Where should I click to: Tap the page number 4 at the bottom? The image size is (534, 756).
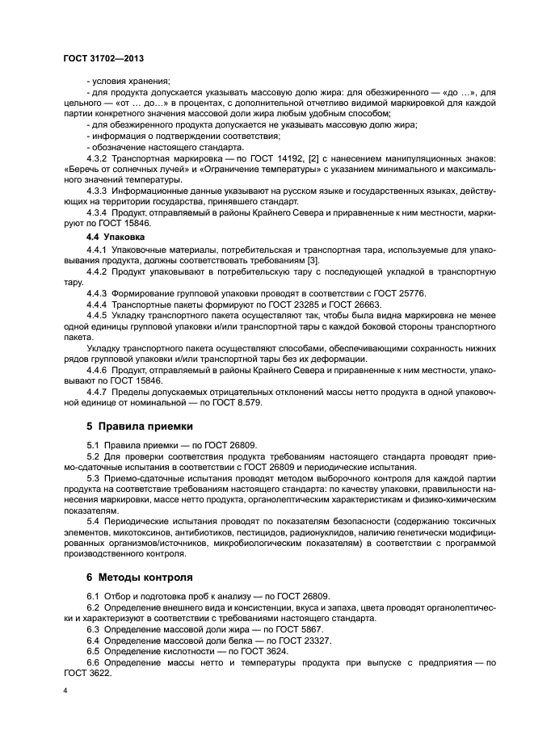(x=65, y=691)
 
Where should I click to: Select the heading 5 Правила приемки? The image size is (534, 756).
(x=139, y=426)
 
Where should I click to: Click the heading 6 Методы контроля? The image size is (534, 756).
(x=140, y=577)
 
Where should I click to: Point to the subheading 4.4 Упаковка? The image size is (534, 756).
(x=116, y=239)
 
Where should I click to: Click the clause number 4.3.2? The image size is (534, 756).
(x=99, y=159)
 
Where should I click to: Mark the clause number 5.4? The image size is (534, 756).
(x=93, y=525)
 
